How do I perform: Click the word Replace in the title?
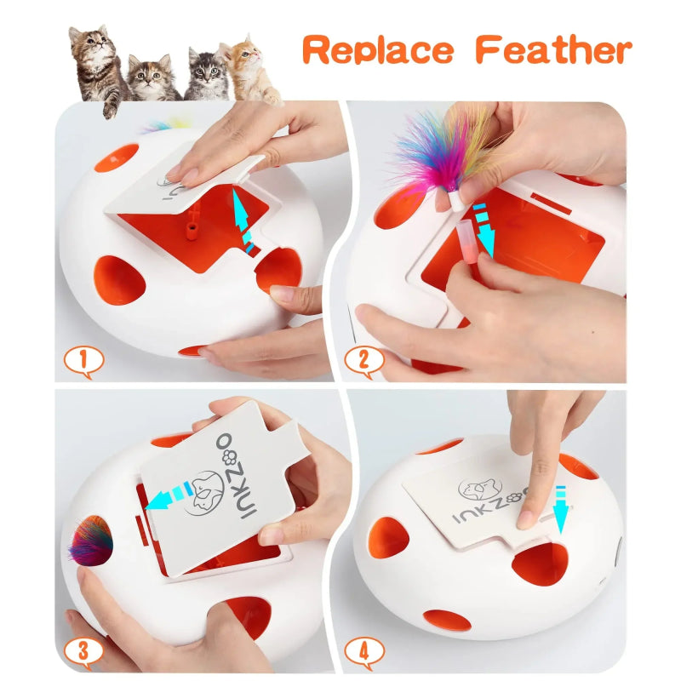point(381,50)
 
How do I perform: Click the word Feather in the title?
point(553,50)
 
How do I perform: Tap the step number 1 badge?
point(83,362)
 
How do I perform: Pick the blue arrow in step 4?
point(560,507)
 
